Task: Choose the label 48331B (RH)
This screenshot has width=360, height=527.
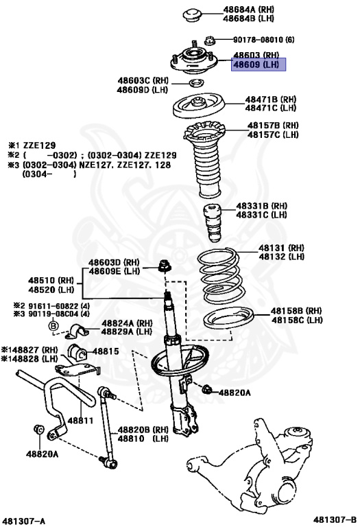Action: (x=262, y=206)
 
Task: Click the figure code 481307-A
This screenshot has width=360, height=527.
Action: (x=24, y=521)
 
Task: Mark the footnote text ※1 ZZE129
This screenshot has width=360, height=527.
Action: (x=30, y=145)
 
